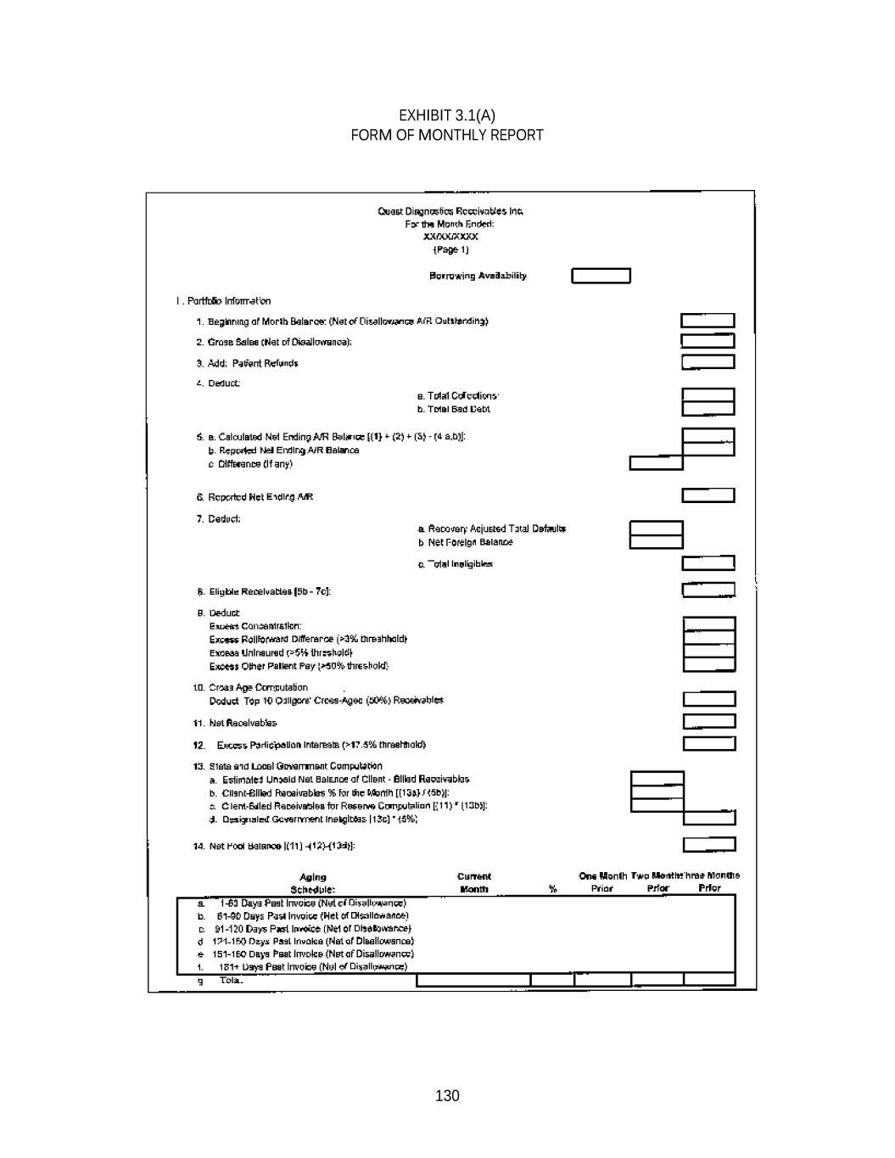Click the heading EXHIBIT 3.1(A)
(x=447, y=115)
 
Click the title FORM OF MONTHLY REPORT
(x=447, y=135)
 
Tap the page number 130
(x=447, y=1095)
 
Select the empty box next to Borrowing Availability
(x=601, y=276)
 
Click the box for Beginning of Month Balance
(x=708, y=321)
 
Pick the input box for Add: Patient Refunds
(x=708, y=362)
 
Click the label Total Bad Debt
(x=453, y=409)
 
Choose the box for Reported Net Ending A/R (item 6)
(x=708, y=495)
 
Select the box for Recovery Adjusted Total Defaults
(x=656, y=529)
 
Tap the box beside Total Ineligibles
(x=708, y=563)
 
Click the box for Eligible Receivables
(x=708, y=590)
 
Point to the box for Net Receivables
(x=708, y=722)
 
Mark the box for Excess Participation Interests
(x=708, y=744)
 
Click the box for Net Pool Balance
(x=708, y=844)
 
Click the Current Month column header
(x=473, y=882)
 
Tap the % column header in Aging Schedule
(x=552, y=888)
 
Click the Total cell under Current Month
(x=473, y=980)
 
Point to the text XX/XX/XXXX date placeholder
(x=450, y=237)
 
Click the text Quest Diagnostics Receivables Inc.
(x=450, y=211)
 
